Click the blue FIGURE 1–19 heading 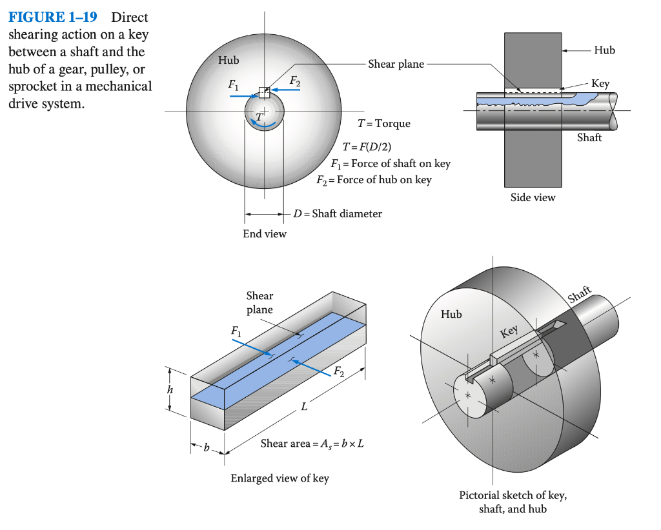(x=52, y=17)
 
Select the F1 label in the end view (x=232, y=84)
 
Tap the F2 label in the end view (x=294, y=81)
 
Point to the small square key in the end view (x=263, y=92)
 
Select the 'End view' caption (x=264, y=234)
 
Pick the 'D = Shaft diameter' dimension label (x=338, y=213)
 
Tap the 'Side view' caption (x=533, y=197)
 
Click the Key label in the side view (x=600, y=84)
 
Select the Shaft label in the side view (x=589, y=137)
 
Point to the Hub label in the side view (x=604, y=50)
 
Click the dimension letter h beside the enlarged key (x=171, y=391)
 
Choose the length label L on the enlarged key (x=303, y=407)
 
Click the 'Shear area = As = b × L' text (x=312, y=444)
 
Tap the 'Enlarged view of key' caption (x=280, y=478)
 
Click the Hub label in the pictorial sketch (x=451, y=315)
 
